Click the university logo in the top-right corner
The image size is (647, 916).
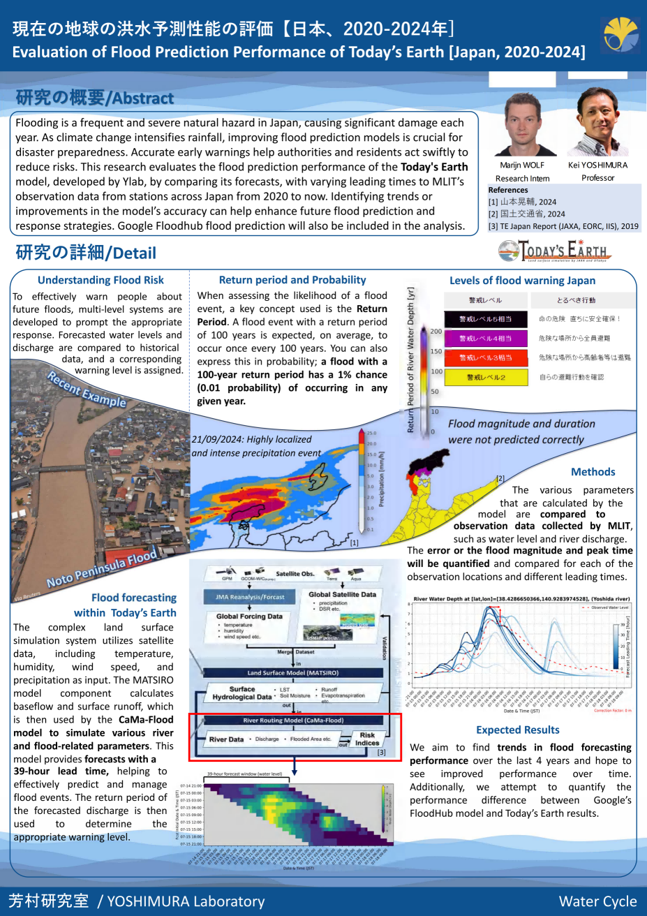[620, 36]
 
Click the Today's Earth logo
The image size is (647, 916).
[555, 250]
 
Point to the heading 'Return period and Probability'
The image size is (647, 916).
[292, 280]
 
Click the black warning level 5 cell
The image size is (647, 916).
[485, 319]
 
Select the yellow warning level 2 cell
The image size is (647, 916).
[485, 377]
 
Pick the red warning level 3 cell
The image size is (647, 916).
[485, 357]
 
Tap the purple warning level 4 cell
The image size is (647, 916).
[485, 339]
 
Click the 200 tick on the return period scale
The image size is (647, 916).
[436, 332]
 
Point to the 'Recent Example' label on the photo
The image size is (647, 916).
[87, 389]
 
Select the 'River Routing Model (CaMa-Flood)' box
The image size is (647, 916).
[293, 721]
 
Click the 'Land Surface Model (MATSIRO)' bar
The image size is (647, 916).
[293, 673]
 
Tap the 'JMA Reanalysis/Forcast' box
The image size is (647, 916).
[250, 597]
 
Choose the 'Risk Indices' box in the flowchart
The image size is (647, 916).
[367, 739]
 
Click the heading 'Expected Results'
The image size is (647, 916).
[517, 730]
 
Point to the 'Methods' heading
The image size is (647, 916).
[593, 472]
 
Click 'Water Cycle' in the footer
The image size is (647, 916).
[597, 901]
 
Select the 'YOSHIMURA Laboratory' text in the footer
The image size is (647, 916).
[186, 901]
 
